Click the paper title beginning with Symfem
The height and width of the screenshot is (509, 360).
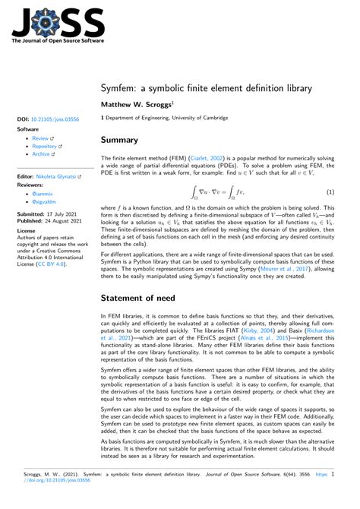pyautogui.click(x=206, y=88)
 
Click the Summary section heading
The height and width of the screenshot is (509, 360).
pyautogui.click(x=119, y=140)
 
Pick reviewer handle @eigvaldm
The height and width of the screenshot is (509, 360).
pyautogui.click(x=42, y=202)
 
